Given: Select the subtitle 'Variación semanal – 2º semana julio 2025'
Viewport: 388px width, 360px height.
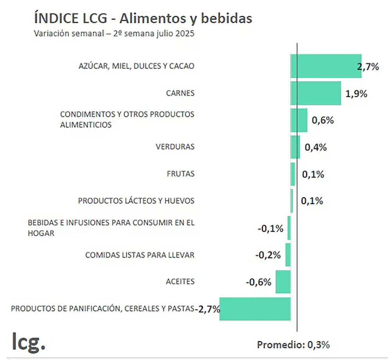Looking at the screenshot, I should (x=114, y=34).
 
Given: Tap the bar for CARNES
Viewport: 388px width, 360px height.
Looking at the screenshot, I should (x=316, y=93).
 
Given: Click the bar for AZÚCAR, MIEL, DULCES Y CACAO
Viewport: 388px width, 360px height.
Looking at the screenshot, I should (x=325, y=66).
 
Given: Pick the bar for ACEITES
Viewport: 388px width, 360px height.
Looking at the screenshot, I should (x=283, y=282).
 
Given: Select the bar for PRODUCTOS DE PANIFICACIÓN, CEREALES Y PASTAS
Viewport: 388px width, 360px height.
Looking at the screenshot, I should (x=255, y=309).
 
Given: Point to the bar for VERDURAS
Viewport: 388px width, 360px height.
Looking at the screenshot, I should (x=295, y=147).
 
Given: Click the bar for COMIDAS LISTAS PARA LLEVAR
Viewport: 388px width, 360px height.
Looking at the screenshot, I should (x=288, y=255).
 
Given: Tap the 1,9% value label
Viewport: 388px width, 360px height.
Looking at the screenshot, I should (x=356, y=94).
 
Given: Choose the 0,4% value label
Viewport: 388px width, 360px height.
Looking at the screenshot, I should (x=315, y=147).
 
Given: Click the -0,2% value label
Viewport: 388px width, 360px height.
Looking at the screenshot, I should (x=268, y=255).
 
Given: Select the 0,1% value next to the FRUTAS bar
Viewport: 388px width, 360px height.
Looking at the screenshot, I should (x=313, y=174).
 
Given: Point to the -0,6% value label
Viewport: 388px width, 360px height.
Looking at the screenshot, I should (x=259, y=282).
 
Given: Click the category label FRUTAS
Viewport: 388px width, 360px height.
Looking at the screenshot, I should (x=180, y=174).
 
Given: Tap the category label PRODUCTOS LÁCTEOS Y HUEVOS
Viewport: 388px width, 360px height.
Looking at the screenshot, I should (x=136, y=201).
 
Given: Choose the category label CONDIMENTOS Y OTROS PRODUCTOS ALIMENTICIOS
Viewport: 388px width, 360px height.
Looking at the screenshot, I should (x=127, y=120).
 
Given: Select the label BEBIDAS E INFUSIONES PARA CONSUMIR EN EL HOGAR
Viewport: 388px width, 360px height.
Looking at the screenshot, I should (x=111, y=228).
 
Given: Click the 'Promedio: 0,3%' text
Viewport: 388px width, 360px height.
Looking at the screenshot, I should (x=293, y=345).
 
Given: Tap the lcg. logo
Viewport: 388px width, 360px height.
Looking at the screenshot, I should (x=29, y=341).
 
